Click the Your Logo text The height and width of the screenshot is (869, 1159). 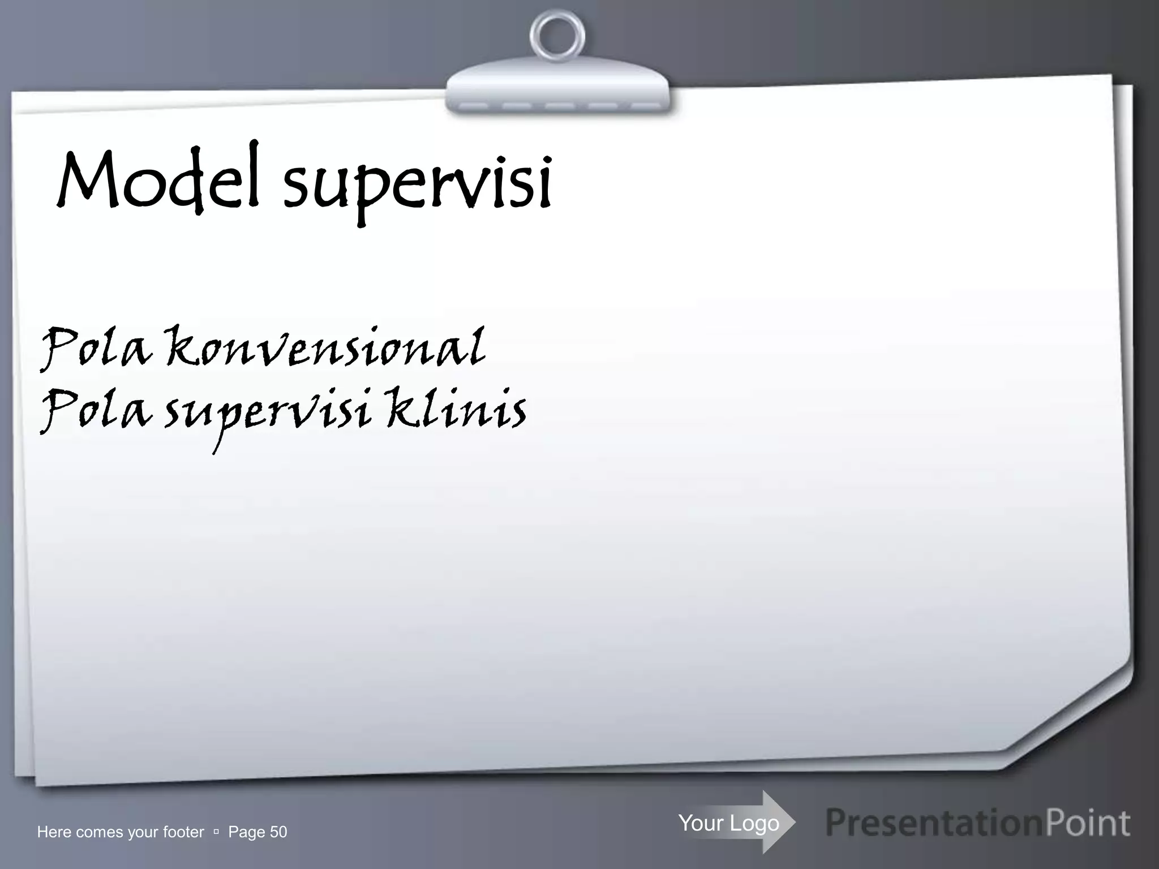click(x=728, y=823)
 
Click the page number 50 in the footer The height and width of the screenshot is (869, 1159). click(x=278, y=832)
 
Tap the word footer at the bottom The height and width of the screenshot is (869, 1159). click(x=183, y=832)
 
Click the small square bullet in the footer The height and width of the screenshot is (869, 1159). click(x=216, y=832)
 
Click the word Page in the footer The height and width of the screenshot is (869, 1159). click(x=246, y=832)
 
